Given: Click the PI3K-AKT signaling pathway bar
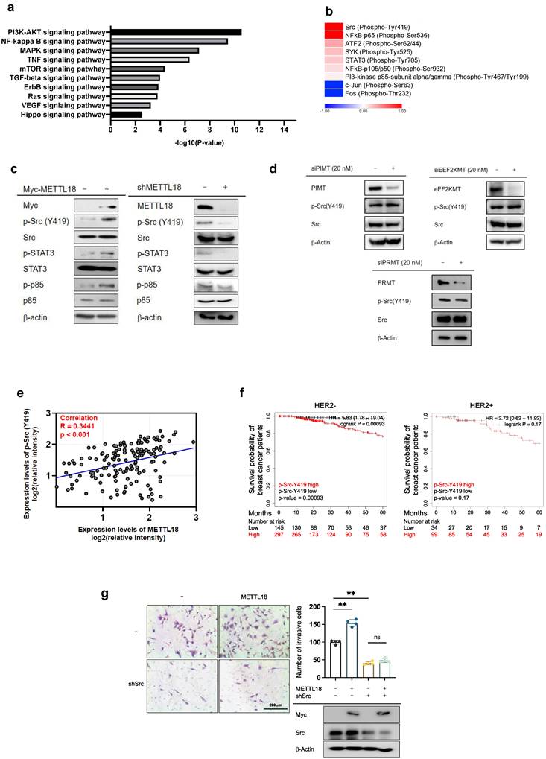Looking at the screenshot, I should point(176,32).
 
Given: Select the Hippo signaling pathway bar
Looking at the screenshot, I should point(126,114).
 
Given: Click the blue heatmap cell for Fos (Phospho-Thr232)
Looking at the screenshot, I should point(333,90).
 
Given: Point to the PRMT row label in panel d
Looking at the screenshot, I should point(375,283).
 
